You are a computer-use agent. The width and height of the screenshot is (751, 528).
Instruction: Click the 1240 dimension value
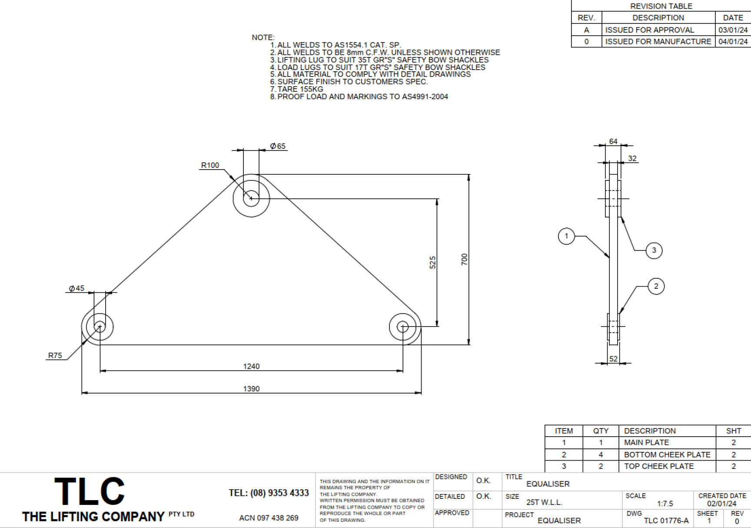point(251,366)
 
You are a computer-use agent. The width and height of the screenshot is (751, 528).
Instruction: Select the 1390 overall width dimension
point(251,388)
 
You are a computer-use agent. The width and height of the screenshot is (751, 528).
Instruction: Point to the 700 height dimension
point(465,259)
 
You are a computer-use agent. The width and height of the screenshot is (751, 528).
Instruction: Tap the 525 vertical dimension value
point(432,262)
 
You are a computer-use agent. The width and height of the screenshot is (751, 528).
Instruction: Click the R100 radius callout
point(210,165)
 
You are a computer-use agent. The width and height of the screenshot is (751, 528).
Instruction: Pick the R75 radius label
point(55,355)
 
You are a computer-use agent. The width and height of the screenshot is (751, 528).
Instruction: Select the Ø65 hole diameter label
point(278,146)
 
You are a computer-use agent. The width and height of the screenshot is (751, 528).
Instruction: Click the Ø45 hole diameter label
point(76,288)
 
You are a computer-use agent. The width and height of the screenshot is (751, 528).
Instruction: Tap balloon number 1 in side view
point(566,236)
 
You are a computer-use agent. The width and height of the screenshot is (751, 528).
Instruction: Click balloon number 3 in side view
point(654,251)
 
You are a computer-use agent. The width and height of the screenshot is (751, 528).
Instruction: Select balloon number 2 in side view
point(656,286)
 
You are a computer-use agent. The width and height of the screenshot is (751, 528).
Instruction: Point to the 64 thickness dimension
point(613,141)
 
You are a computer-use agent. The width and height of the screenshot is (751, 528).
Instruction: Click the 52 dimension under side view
point(613,359)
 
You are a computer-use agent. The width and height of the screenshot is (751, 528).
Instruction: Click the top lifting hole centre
point(251,199)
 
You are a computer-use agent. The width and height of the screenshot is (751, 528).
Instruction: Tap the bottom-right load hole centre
point(403,327)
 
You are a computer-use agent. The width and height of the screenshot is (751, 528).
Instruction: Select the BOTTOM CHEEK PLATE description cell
point(667,454)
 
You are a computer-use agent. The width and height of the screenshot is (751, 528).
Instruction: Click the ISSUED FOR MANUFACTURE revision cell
point(658,41)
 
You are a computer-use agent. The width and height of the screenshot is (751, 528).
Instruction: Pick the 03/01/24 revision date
point(733,30)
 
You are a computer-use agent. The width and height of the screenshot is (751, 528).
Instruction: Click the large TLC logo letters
point(90,491)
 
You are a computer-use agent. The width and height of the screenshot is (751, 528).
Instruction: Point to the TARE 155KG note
point(300,89)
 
